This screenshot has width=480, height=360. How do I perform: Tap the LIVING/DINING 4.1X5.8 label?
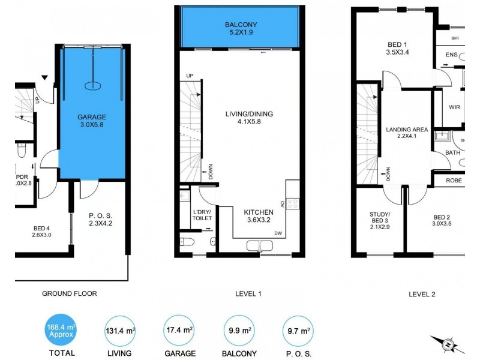tap(242, 117)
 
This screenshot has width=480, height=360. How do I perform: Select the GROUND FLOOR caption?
tap(69, 293)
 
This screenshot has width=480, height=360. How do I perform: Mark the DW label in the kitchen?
tap(278, 233)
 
